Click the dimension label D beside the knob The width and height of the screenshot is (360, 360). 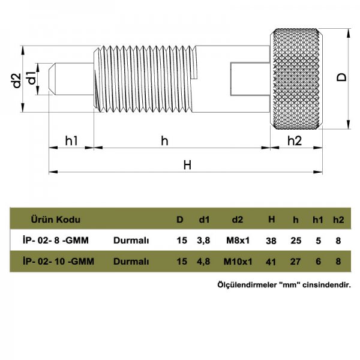click(x=340, y=77)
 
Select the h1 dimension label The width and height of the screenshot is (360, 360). click(x=71, y=140)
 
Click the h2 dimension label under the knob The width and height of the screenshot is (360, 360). click(x=295, y=140)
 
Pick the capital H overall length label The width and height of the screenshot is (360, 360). click(x=187, y=165)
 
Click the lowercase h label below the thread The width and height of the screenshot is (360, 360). click(x=164, y=140)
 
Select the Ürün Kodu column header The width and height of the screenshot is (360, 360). click(x=55, y=220)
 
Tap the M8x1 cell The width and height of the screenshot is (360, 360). click(x=237, y=240)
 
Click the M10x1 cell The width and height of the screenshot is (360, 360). click(x=237, y=261)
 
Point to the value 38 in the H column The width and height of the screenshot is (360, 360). click(x=271, y=240)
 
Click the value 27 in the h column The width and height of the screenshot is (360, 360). click(x=295, y=261)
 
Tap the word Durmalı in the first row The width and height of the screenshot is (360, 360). click(x=131, y=240)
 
